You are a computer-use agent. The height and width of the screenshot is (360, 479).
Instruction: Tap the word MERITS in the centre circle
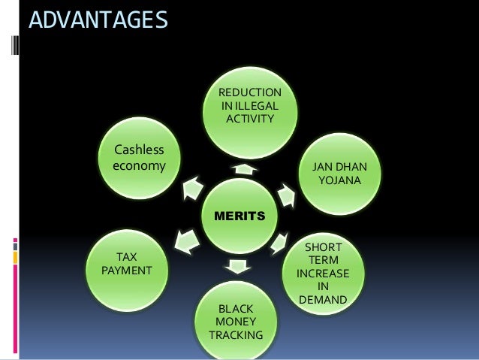point(239,216)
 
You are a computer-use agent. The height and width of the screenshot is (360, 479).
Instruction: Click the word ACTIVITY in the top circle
point(249,119)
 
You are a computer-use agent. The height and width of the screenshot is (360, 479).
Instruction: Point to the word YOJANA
point(339,180)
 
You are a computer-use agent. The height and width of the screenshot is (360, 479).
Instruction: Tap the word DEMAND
point(323,300)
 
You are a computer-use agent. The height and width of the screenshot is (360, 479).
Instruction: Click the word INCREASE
point(323,273)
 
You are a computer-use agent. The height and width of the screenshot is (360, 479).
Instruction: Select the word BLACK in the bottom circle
point(235,308)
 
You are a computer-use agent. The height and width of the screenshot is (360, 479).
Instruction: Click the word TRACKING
point(235,334)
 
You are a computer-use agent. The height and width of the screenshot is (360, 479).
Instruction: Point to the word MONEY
point(235,322)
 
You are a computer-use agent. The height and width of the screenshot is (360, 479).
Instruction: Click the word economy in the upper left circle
point(138,164)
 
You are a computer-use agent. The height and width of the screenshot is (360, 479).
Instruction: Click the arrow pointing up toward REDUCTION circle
point(242,168)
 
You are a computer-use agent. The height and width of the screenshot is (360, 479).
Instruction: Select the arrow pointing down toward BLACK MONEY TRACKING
point(237,265)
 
